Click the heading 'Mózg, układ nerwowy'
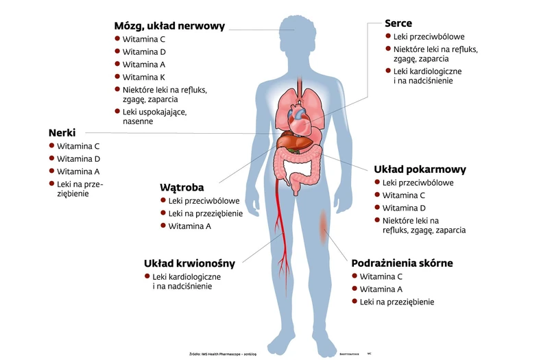click(x=169, y=26)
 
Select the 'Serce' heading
click(x=398, y=23)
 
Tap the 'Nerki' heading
click(x=62, y=132)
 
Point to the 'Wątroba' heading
click(x=182, y=187)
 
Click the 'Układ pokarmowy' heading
click(x=420, y=169)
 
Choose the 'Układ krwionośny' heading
click(x=189, y=263)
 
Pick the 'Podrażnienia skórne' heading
click(x=402, y=263)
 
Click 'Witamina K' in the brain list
click(x=143, y=77)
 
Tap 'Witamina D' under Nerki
click(x=78, y=159)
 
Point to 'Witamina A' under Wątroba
click(x=189, y=226)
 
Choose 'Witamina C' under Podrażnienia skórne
click(x=381, y=276)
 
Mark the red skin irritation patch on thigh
click(x=323, y=223)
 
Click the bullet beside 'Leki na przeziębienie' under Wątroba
click(x=163, y=213)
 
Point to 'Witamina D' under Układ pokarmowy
click(x=404, y=208)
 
